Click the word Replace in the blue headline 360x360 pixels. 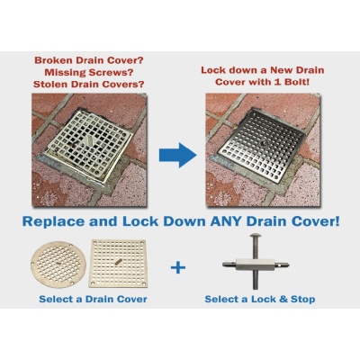point(65,219)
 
